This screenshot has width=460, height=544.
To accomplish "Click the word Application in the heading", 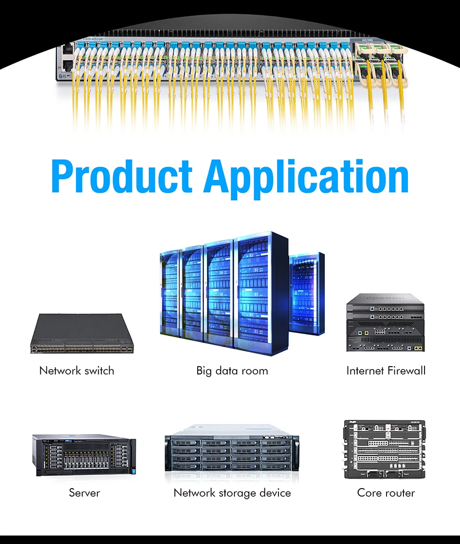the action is [307, 177].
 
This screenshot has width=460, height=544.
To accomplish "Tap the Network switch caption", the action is [77, 370].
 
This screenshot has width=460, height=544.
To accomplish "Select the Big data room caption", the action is [232, 370].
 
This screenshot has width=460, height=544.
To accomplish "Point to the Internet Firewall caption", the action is [386, 370].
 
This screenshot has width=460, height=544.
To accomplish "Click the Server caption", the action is [84, 492].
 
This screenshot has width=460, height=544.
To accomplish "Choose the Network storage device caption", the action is [232, 492].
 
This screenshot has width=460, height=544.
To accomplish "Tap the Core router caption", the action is [386, 492].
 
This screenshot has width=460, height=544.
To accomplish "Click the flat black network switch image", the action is [81, 334].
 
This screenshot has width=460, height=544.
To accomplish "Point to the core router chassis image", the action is [385, 449].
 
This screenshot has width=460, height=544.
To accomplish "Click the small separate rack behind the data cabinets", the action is [307, 294].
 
